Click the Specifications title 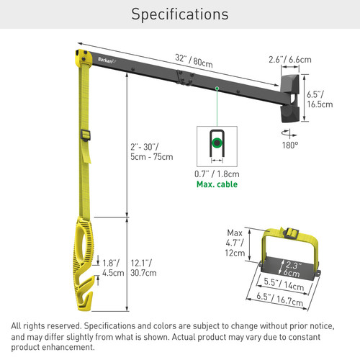[x=180, y=14]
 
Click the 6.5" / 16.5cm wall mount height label [x=319, y=99]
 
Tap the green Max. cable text [x=216, y=184]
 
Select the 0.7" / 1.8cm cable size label [x=216, y=174]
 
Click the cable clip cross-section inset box [x=216, y=143]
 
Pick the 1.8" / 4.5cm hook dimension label [x=111, y=269]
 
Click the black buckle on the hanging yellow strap [x=86, y=135]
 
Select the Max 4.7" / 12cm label [x=235, y=242]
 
